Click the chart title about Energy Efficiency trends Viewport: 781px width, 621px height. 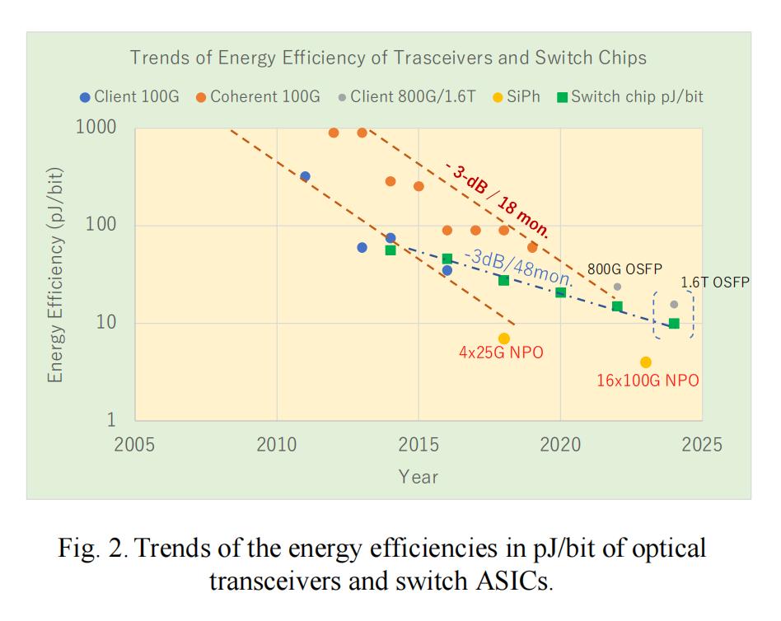point(388,58)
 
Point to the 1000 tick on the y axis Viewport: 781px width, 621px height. point(96,128)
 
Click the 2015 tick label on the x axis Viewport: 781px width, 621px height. point(419,446)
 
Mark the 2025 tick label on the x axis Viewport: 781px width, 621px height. point(702,446)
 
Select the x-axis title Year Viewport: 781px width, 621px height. point(419,477)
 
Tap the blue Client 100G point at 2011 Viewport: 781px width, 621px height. point(305,176)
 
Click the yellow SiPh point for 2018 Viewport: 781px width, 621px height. point(504,339)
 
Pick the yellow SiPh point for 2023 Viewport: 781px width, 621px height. point(646,362)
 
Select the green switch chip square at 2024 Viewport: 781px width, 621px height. point(674,324)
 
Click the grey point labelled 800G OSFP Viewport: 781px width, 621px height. point(617,287)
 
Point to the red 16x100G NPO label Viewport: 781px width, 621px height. point(648,381)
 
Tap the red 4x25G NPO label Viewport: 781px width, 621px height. point(501,353)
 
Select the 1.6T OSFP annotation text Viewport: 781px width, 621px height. point(715,282)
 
